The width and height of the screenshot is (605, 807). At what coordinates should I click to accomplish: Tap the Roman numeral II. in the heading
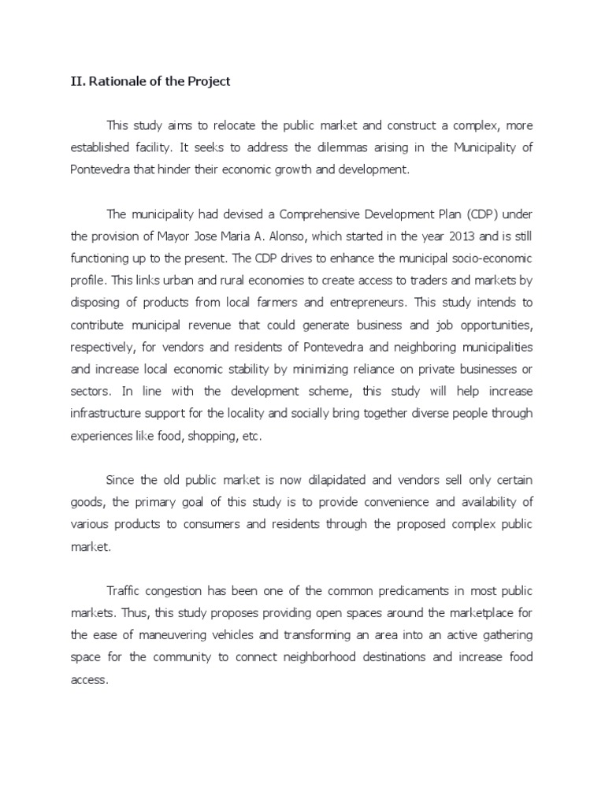click(70, 81)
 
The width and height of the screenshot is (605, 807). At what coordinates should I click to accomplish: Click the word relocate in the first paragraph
click(223, 126)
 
